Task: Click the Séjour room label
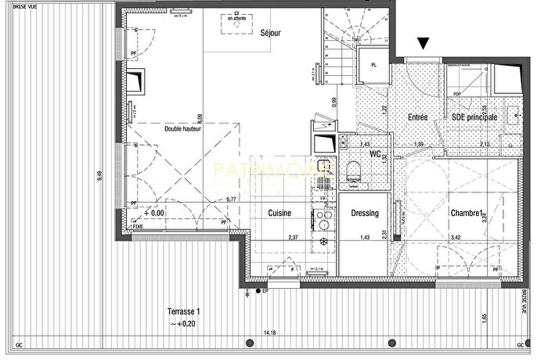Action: (x=271, y=33)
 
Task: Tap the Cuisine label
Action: (x=280, y=214)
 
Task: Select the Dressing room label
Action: (x=365, y=214)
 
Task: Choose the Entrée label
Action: (x=417, y=117)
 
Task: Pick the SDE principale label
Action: (x=474, y=117)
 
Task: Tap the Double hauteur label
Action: (x=183, y=128)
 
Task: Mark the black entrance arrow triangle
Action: (x=424, y=45)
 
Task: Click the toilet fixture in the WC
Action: (x=355, y=171)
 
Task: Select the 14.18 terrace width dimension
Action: (x=270, y=333)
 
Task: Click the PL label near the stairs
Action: (x=374, y=65)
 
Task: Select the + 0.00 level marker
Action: (x=154, y=213)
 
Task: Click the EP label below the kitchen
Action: (x=265, y=292)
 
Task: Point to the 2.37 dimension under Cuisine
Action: (x=293, y=237)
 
